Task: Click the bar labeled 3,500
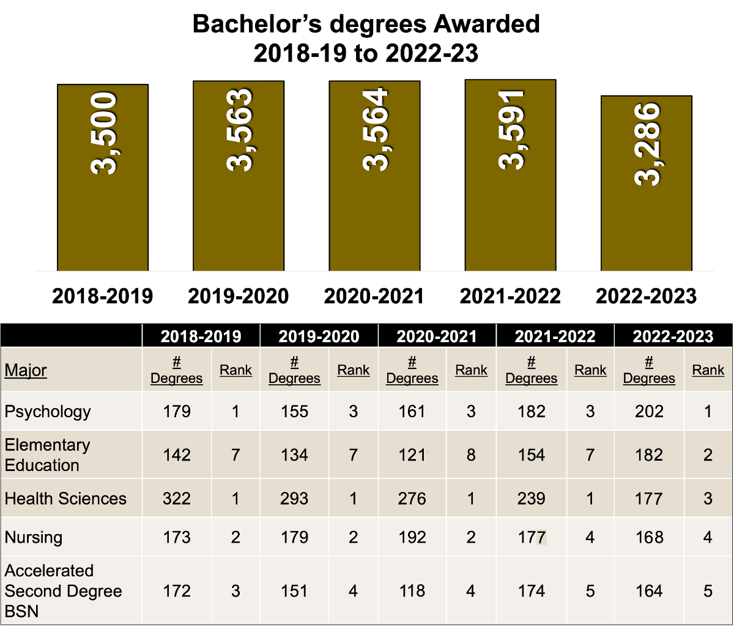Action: (103, 177)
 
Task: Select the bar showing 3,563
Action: (239, 176)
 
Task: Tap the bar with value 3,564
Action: (374, 176)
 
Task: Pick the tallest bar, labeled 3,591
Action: (510, 176)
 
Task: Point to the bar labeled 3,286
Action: (647, 184)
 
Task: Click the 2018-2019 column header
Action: (201, 336)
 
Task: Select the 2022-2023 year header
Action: (673, 336)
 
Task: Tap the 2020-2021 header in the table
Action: (437, 336)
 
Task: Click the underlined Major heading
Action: (26, 370)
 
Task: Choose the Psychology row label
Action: (48, 411)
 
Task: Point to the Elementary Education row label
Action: (47, 455)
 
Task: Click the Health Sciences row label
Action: (65, 499)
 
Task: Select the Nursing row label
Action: (34, 537)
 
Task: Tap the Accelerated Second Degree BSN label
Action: (63, 591)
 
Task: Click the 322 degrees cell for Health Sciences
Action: (177, 499)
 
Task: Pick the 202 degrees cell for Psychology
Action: (649, 411)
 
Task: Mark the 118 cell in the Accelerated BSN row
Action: (412, 591)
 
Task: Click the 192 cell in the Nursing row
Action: (412, 537)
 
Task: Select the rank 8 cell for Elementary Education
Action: (471, 455)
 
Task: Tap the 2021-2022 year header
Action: (555, 336)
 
